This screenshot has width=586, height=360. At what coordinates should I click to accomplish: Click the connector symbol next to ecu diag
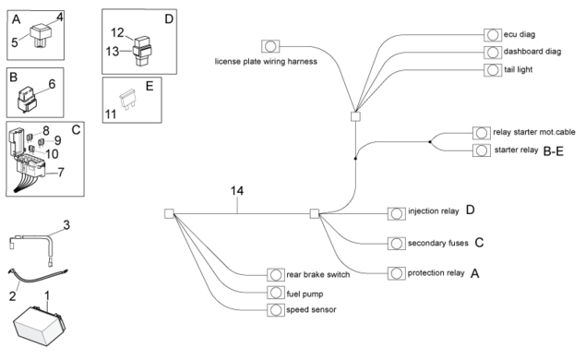pos(493,35)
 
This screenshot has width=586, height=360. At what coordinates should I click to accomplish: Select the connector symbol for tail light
pos(493,70)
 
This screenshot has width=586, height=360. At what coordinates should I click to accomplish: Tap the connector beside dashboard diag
pos(493,53)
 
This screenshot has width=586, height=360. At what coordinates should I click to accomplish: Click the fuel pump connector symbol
pos(276,293)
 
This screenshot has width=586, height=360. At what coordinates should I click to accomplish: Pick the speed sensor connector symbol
pos(276,310)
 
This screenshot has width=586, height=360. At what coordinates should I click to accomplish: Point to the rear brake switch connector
pos(276,275)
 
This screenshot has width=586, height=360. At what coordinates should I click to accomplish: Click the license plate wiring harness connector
pos(270,46)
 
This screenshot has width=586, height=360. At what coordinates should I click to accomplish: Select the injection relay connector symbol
pos(397,214)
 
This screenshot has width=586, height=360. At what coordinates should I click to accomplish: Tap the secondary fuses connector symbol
pos(397,244)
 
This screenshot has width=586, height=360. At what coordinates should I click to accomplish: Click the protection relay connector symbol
pos(397,273)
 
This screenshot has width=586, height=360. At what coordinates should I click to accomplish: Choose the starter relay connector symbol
pos(482,150)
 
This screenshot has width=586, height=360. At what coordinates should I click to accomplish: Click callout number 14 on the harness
pos(237,191)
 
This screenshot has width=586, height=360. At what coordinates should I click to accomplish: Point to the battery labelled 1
pos(39,325)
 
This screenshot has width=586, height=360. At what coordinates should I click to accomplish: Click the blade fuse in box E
pos(127,99)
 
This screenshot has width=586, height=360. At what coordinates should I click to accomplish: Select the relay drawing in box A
pos(41,35)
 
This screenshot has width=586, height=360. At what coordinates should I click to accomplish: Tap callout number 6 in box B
pos(52,84)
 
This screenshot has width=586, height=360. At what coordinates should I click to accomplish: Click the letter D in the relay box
pos(169,19)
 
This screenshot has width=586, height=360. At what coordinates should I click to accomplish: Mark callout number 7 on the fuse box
pos(61,173)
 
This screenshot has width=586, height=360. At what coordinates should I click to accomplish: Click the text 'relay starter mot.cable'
pos(534,132)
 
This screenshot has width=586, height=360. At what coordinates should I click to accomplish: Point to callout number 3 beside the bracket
pos(66,225)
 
